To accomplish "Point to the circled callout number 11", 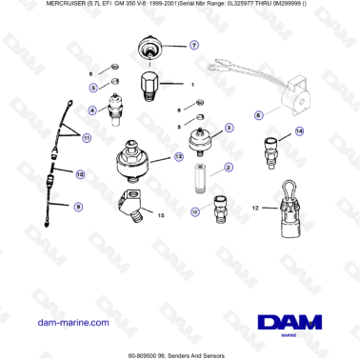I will tap(87, 139).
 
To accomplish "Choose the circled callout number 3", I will tap(229, 127).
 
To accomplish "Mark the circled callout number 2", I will tap(228, 168).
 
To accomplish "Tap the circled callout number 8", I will tap(257, 115).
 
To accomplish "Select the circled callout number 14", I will tap(299, 131).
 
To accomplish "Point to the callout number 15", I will tap(161, 216).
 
